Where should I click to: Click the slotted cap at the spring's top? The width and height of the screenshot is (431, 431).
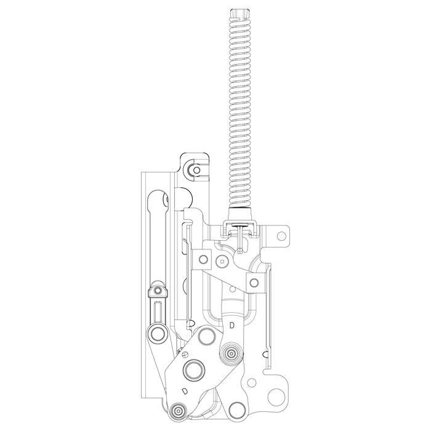pos(240,14)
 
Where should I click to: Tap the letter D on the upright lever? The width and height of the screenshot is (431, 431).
pos(232,326)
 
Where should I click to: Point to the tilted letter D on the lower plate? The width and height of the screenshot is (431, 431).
pos(185,390)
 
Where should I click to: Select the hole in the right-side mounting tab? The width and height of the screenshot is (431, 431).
pos(281,236)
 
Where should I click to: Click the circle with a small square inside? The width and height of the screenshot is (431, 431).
pos(222,260)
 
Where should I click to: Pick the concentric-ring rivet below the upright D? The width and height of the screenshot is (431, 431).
pos(232,353)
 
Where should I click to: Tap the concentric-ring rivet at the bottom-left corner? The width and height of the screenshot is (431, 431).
pos(179,411)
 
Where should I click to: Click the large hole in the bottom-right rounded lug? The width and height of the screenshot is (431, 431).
pos(276,398)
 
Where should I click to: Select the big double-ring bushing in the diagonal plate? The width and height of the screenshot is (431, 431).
pos(194,371)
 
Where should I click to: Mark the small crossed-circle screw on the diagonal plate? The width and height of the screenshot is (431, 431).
pos(185,355)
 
